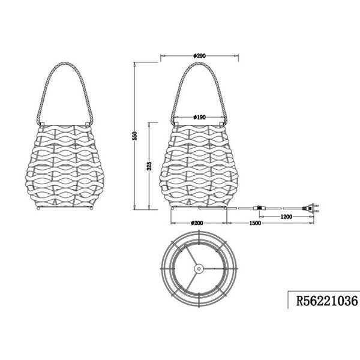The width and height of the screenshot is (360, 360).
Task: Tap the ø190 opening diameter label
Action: click(200, 118)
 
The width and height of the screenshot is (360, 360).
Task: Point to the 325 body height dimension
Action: click(149, 166)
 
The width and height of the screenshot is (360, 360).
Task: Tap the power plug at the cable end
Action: click(313, 208)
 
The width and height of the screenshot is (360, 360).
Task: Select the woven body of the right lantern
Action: click(200, 165)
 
